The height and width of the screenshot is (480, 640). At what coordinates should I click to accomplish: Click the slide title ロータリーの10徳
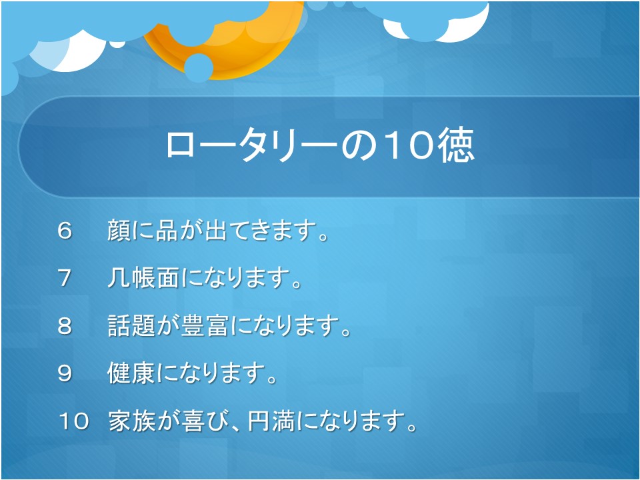[320, 146]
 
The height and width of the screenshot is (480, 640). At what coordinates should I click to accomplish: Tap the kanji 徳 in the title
[456, 146]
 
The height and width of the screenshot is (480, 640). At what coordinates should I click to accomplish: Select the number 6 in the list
[65, 231]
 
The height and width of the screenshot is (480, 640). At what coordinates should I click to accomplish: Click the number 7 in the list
[65, 279]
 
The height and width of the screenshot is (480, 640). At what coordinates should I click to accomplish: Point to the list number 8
[65, 326]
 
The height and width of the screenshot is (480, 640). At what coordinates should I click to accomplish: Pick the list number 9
[65, 373]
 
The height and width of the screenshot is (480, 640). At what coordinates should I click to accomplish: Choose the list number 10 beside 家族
[73, 421]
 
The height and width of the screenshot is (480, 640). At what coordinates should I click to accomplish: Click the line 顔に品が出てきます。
[218, 230]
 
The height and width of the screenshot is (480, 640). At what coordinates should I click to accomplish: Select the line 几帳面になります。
[205, 278]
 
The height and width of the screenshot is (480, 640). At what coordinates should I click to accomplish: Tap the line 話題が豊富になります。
[229, 326]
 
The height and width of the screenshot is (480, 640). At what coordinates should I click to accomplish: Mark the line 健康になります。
[192, 373]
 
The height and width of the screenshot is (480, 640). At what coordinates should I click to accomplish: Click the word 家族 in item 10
[132, 421]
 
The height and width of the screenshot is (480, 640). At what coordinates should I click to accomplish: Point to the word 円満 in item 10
[271, 421]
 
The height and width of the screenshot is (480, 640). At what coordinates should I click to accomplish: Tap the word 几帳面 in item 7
[143, 278]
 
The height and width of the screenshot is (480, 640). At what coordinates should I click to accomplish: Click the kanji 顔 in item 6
[119, 230]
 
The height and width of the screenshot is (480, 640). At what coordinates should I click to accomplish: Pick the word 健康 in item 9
[131, 373]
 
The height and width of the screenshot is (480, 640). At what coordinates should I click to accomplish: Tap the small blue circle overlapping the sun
[199, 68]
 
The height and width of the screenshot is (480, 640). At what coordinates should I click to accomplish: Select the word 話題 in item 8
[131, 326]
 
